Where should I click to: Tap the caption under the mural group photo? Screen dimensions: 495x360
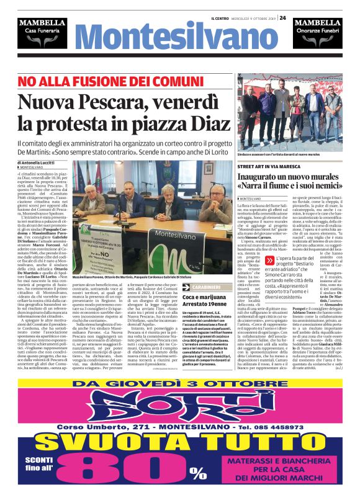[x=277, y=153]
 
